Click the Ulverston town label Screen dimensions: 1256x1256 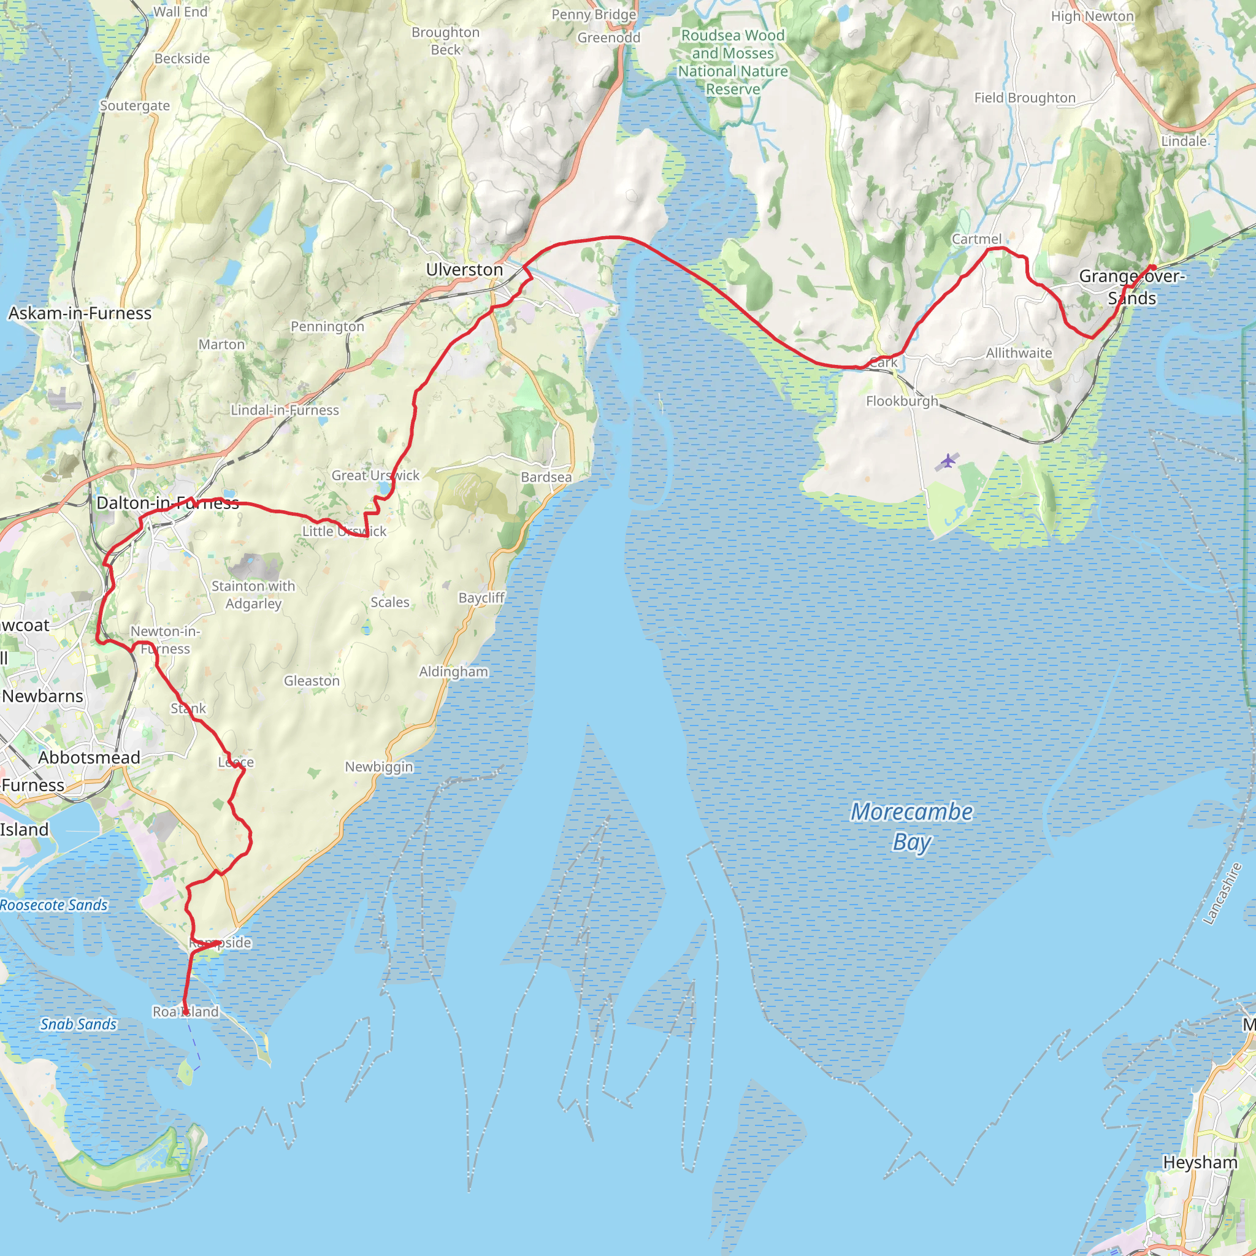coord(464,270)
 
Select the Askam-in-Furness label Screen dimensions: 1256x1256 coord(79,313)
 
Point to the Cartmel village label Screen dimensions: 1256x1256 coord(976,239)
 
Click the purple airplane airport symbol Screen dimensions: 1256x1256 coord(949,462)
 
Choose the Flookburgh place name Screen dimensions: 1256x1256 coord(902,401)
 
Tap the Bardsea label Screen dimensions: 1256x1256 coord(546,477)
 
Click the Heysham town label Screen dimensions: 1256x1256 coord(1200,1162)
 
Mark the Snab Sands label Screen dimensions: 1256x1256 coord(78,1025)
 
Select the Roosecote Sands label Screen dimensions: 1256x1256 coord(53,905)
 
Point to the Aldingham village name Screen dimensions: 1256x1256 coord(453,672)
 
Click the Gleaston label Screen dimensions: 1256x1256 coord(312,681)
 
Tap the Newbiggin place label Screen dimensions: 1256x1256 coord(378,767)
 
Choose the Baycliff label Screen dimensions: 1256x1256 coord(481,597)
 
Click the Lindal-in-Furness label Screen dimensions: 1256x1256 coord(285,410)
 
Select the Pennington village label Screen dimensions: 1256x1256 coord(327,326)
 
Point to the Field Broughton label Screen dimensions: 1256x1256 coord(1025,98)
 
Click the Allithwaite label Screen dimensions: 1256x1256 coord(1019,353)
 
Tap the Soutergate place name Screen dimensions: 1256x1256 coord(134,105)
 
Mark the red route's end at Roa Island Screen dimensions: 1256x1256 coord(185,1012)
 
